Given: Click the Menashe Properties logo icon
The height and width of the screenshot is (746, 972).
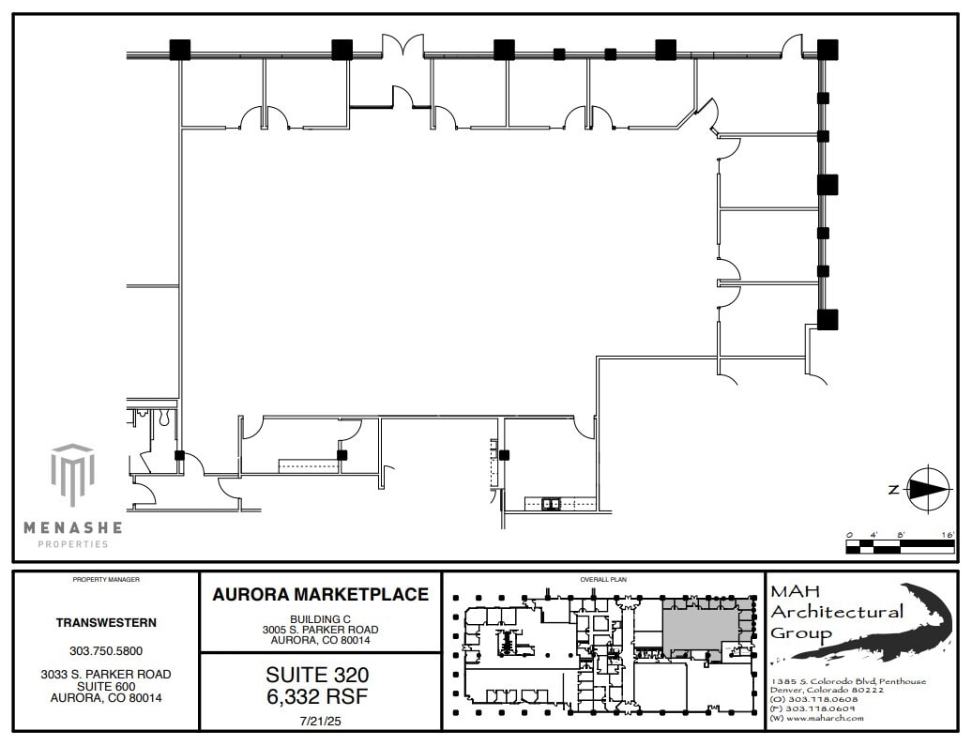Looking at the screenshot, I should pyautogui.click(x=72, y=475).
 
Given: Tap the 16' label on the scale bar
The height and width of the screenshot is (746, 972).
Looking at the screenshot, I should pyautogui.click(x=947, y=534).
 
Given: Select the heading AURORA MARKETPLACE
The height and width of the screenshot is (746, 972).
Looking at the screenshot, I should pyautogui.click(x=320, y=595).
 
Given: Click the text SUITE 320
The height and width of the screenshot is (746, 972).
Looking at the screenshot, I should pyautogui.click(x=317, y=675).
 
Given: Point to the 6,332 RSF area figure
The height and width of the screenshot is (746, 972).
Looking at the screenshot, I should pyautogui.click(x=317, y=696).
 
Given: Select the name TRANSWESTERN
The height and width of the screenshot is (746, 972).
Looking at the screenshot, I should pyautogui.click(x=106, y=622).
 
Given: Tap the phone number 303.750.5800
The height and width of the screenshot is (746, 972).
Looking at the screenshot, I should pyautogui.click(x=106, y=650).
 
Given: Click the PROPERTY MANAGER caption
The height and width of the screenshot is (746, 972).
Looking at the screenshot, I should pyautogui.click(x=106, y=580).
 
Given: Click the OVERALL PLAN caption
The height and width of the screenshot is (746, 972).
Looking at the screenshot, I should pyautogui.click(x=602, y=580).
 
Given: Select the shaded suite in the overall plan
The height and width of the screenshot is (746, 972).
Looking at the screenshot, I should pyautogui.click(x=699, y=625).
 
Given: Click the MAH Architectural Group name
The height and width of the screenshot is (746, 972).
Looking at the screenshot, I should pyautogui.click(x=835, y=611).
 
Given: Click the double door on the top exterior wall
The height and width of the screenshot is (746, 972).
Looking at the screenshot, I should pyautogui.click(x=402, y=47).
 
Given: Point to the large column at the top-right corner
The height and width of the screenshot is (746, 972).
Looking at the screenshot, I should pyautogui.click(x=827, y=50).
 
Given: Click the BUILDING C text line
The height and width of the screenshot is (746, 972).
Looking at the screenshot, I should pyautogui.click(x=320, y=618).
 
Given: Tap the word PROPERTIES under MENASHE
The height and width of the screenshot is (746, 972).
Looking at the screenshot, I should pyautogui.click(x=72, y=544).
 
